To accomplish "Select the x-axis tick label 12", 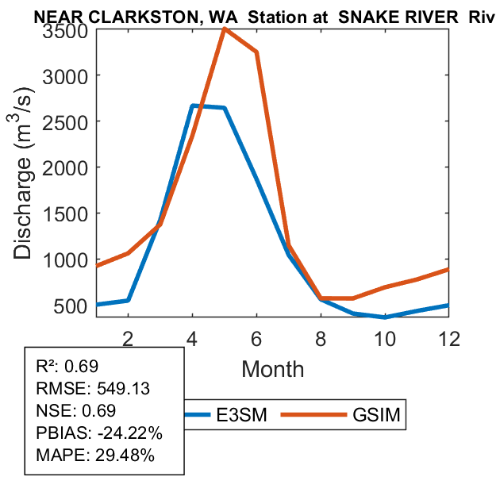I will click(450, 337).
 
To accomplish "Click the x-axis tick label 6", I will click(256, 337).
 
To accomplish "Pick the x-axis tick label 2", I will click(128, 337).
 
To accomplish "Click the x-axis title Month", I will click(272, 368).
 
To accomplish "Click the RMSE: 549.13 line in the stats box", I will click(94, 388).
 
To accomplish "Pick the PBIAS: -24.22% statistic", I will click(99, 433).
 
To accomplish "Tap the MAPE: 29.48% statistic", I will click(95, 456).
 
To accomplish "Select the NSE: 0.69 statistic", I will click(76, 411).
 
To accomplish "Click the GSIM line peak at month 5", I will click(225, 29).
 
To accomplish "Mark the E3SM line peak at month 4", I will click(193, 106).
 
